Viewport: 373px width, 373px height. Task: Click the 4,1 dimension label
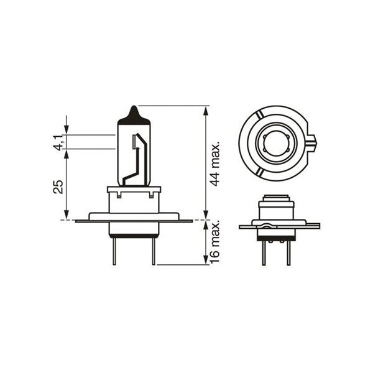(x=58, y=143)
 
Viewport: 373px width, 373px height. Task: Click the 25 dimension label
(x=58, y=186)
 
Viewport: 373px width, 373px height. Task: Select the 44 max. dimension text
(x=215, y=165)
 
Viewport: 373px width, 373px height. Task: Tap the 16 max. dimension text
(x=215, y=242)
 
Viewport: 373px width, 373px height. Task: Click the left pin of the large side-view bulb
(x=114, y=251)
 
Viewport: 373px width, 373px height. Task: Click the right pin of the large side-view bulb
(x=154, y=251)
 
